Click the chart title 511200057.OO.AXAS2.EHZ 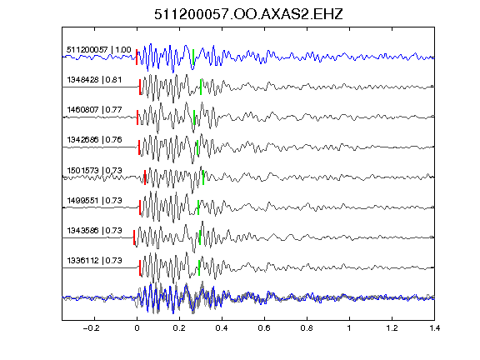[248, 14]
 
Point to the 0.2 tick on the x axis [179, 328]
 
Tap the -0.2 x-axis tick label [91, 328]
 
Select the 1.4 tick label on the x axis [434, 328]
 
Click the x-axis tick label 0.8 [307, 328]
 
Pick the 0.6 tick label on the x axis [264, 328]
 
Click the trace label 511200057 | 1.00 [99, 50]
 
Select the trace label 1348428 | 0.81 [94, 80]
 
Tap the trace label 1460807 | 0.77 [94, 110]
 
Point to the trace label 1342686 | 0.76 [94, 140]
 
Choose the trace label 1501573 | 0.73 [94, 170]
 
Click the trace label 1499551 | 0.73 [94, 201]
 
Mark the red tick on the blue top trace [137, 57]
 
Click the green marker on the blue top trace [193, 57]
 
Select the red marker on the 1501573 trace [145, 177]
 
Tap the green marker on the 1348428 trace [201, 87]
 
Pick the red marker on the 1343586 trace [134, 237]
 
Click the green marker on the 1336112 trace [199, 267]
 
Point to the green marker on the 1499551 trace [198, 207]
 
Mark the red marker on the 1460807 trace [137, 117]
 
